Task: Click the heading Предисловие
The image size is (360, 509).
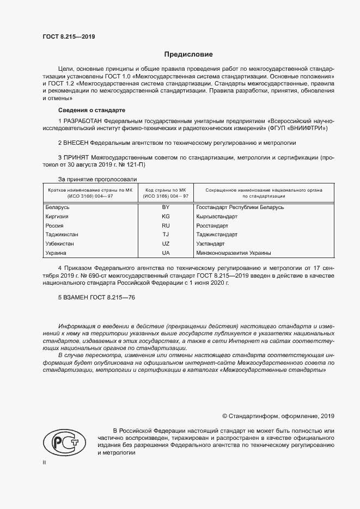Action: point(188,54)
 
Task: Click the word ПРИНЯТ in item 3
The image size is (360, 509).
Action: point(76,157)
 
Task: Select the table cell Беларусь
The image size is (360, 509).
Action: point(57,207)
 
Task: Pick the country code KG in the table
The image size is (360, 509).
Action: point(166,216)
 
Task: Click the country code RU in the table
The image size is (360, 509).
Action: point(166,225)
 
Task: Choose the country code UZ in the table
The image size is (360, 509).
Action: point(166,244)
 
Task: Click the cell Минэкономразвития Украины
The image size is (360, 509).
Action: point(234,253)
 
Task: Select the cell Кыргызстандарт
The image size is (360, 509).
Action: point(217,216)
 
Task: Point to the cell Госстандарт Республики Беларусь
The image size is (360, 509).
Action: point(240,207)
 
